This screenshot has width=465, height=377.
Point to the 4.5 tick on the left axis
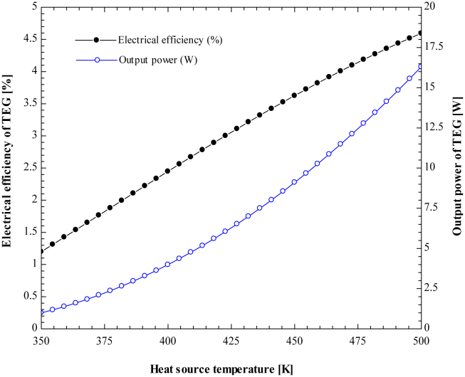[x=26, y=39]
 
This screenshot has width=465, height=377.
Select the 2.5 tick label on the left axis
[x=26, y=168]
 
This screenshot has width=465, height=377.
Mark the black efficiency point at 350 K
[x=41, y=251]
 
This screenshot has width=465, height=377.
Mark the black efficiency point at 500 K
[x=420, y=33]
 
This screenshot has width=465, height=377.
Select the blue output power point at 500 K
[x=420, y=67]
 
